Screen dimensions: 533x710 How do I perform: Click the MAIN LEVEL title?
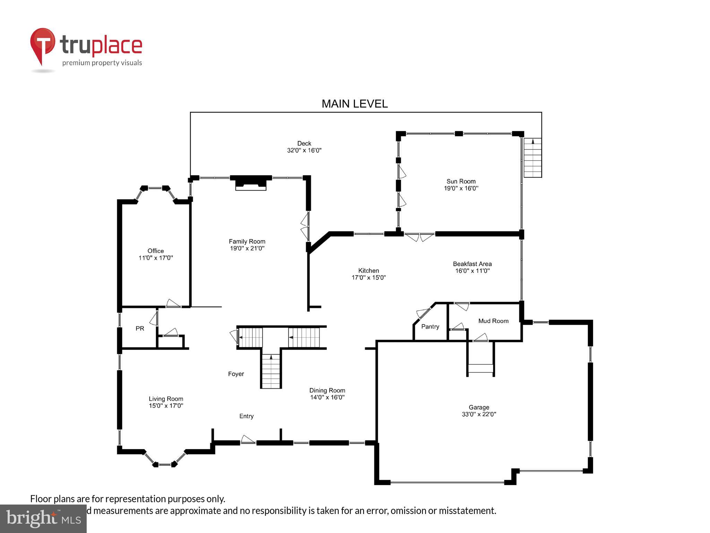[354, 104]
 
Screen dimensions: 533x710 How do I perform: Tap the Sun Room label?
[461, 181]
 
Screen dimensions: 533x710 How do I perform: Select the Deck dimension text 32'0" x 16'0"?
[304, 151]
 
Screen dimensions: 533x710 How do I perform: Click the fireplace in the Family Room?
[251, 183]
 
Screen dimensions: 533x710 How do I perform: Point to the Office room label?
[156, 251]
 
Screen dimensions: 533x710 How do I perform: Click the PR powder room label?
[140, 328]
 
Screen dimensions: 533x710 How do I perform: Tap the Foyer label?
[236, 374]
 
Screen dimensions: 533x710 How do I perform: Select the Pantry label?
[430, 327]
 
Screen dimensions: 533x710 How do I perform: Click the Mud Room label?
[493, 321]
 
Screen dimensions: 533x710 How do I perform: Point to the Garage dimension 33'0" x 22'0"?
[479, 414]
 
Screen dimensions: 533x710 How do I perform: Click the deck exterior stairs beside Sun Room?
[532, 158]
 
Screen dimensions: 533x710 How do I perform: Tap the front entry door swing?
[247, 440]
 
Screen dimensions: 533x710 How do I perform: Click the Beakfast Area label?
[472, 264]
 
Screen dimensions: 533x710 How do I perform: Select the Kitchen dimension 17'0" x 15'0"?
[369, 278]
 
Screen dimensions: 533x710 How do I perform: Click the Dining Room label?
[327, 390]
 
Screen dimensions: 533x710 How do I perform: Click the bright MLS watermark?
[43, 519]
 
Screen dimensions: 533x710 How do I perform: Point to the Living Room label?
[166, 399]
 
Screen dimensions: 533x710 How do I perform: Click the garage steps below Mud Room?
[480, 369]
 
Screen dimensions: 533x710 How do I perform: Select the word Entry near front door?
[246, 416]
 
